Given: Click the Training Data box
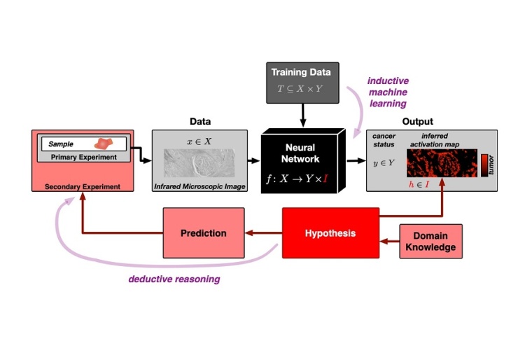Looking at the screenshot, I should click(301, 82).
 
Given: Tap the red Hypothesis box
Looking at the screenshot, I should click(330, 233).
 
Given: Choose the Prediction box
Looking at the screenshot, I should click(203, 233).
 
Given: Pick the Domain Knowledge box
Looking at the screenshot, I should click(430, 242).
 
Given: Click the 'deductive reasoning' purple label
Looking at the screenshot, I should click(174, 279).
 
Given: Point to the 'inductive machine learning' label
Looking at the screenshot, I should click(388, 92).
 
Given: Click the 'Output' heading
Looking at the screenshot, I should click(417, 122).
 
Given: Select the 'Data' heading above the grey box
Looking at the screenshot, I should click(200, 122).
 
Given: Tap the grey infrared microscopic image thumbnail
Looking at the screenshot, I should click(199, 165).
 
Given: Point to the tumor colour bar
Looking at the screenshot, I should click(484, 165).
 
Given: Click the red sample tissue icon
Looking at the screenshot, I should click(104, 143).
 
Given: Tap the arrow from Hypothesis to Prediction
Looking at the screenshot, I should click(263, 233).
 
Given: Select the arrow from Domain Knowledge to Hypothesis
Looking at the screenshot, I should click(389, 241).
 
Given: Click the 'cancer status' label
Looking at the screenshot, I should click(383, 139).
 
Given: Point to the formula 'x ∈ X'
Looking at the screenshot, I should click(199, 141).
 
